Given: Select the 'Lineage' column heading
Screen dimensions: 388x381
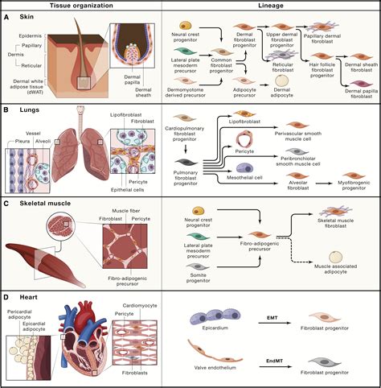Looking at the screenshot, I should tap(271, 6).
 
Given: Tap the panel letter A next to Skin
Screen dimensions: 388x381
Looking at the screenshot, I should tap(6, 16).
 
